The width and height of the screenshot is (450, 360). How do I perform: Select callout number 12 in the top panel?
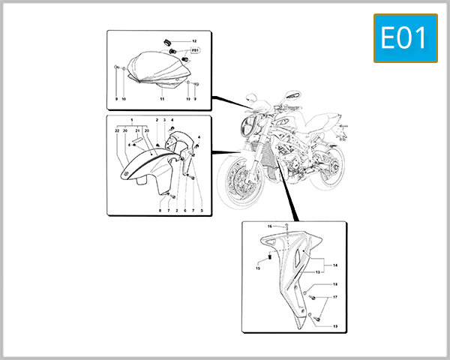click(x=194, y=40)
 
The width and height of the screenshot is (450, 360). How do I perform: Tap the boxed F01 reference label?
click(x=195, y=50)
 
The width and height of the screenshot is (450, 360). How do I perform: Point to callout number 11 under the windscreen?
click(x=162, y=99)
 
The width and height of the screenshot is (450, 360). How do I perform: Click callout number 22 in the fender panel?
click(x=117, y=130)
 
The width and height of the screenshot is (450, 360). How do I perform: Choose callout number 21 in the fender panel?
click(x=138, y=130)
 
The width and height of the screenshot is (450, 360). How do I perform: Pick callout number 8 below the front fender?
click(x=160, y=211)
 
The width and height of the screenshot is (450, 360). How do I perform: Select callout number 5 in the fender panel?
click(x=201, y=211)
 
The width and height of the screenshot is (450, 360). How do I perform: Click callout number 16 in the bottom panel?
click(x=270, y=226)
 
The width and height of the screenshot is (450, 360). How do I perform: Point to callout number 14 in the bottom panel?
click(x=335, y=265)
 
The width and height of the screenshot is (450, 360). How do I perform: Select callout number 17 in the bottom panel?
click(x=335, y=298)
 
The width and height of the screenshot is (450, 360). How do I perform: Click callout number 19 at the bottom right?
click(x=335, y=326)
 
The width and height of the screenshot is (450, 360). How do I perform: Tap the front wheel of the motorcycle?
click(x=235, y=184)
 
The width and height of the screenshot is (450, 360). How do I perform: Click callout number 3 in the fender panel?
click(x=164, y=120)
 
